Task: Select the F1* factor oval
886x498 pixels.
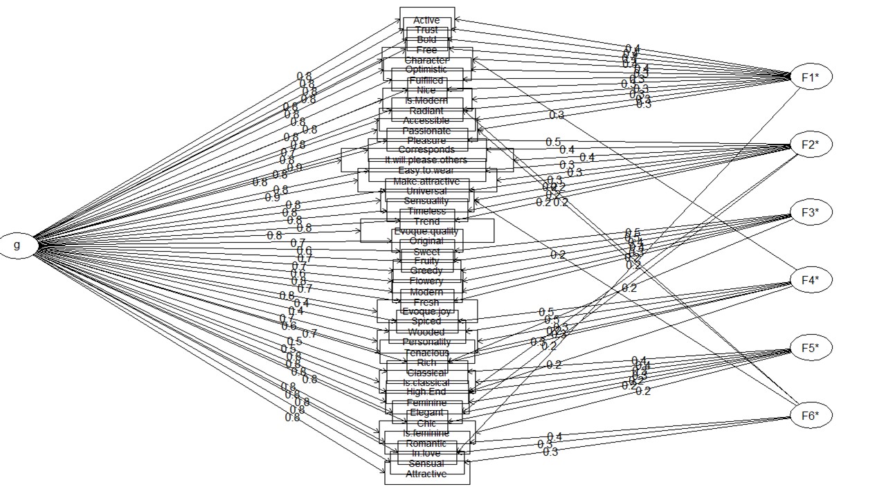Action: (810, 77)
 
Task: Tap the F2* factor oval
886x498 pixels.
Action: (810, 145)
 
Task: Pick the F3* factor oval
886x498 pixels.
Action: (810, 213)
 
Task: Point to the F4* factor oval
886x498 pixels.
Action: (810, 281)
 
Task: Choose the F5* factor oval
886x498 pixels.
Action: (810, 348)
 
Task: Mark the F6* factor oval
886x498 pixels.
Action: (810, 416)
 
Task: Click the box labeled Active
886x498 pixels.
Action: (426, 20)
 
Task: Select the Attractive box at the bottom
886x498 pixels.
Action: (426, 474)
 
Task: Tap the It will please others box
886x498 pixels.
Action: (426, 160)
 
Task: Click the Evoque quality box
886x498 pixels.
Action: (427, 231)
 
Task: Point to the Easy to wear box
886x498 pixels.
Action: (427, 170)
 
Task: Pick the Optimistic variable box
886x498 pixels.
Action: (426, 70)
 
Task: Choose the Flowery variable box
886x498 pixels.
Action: (426, 282)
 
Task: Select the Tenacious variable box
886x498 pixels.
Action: (426, 353)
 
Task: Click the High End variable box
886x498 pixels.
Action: (426, 392)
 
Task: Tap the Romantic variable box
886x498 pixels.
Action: (426, 443)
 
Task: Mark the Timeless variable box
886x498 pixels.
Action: (426, 211)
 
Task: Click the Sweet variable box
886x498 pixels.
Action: (426, 252)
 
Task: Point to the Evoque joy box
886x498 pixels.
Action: (426, 311)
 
